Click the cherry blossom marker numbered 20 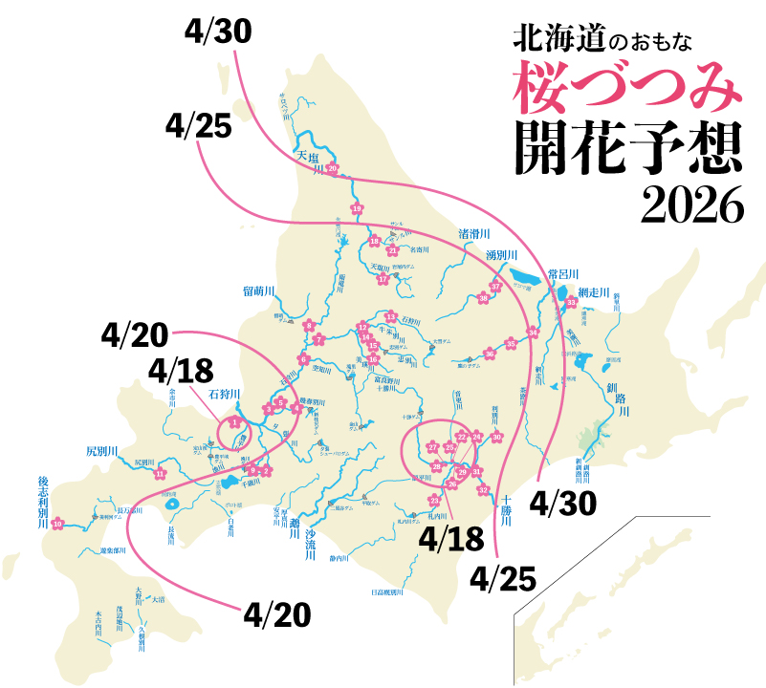point(333,169)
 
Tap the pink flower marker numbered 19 point(357,209)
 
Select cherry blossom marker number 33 point(572,303)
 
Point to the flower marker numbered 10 point(57,523)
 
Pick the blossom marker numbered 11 point(160,473)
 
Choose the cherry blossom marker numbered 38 point(483,298)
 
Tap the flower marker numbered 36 point(490,355)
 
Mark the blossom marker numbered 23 point(435,501)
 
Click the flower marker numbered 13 point(390,316)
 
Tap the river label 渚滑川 point(474,233)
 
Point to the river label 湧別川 point(501,255)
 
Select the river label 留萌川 point(259,290)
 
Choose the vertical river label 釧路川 point(623,399)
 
